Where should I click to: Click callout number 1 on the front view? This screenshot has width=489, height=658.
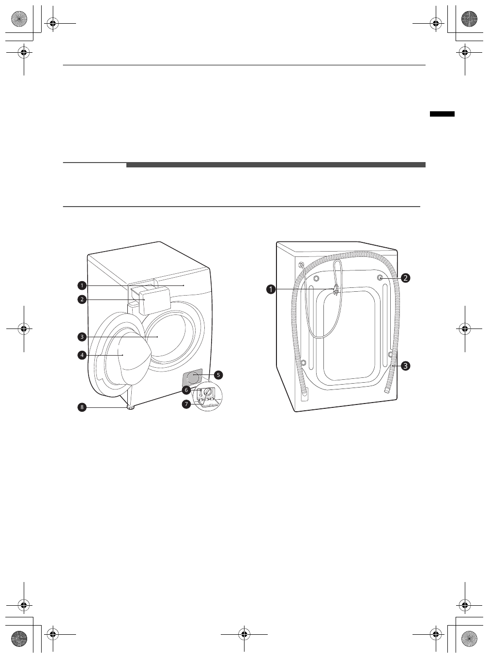pos(82,285)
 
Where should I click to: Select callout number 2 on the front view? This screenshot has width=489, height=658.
pos(82,299)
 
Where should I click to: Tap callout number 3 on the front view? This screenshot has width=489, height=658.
pos(82,336)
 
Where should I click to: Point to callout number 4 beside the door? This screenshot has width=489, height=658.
pos(82,355)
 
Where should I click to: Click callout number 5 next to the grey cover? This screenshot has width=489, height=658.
pos(218,375)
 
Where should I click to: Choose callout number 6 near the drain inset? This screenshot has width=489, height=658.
pos(186,389)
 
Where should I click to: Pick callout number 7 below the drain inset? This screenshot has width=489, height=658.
pos(186,404)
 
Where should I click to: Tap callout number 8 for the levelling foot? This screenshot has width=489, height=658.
pos(82,407)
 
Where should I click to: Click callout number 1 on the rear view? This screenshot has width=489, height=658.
pos(271,289)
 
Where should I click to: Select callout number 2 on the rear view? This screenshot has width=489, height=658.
pos(405,278)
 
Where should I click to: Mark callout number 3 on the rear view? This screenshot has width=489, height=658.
pos(405,366)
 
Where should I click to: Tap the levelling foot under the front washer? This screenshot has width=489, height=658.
pos(130,408)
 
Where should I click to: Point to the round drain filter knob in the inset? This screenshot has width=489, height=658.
pos(208,392)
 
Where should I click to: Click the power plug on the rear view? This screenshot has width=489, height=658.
pos(335,290)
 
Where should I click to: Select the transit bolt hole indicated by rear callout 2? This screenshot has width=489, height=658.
pos(380,278)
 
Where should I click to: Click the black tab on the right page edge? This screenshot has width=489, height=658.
pos(442,114)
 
